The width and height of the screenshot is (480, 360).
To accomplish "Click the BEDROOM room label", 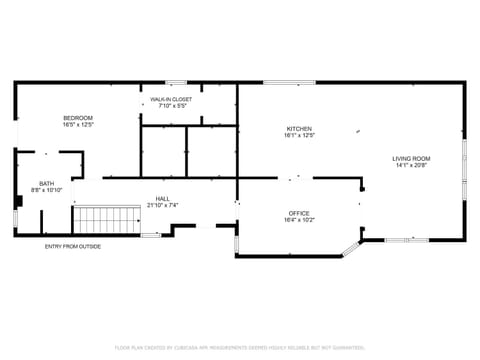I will tap(77, 118).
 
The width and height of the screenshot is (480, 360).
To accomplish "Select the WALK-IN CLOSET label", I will tap(171, 100).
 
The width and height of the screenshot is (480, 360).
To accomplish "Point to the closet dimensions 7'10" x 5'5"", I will tap(171, 107).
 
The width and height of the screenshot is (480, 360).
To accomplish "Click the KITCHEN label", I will tap(299, 129).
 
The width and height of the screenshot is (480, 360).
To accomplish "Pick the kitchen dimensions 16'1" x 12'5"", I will tap(299, 137).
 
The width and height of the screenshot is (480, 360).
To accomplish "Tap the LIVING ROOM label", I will tap(410, 159).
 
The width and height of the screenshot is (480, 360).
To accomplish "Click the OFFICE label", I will tap(299, 213).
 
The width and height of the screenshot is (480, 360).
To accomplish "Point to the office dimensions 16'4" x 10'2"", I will tap(299, 221).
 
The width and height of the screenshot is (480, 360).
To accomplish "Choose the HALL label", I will tap(161, 198).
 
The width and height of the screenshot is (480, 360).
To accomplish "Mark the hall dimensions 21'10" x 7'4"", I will tap(161, 206).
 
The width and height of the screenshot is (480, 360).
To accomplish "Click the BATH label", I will tap(47, 183).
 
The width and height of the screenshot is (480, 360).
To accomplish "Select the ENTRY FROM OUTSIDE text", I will tap(73, 247).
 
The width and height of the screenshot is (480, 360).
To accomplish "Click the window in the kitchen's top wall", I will tap(290, 82).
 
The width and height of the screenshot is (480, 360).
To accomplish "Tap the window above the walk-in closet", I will tap(176, 82).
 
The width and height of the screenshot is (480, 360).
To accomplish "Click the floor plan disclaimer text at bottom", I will tap(239, 347).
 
